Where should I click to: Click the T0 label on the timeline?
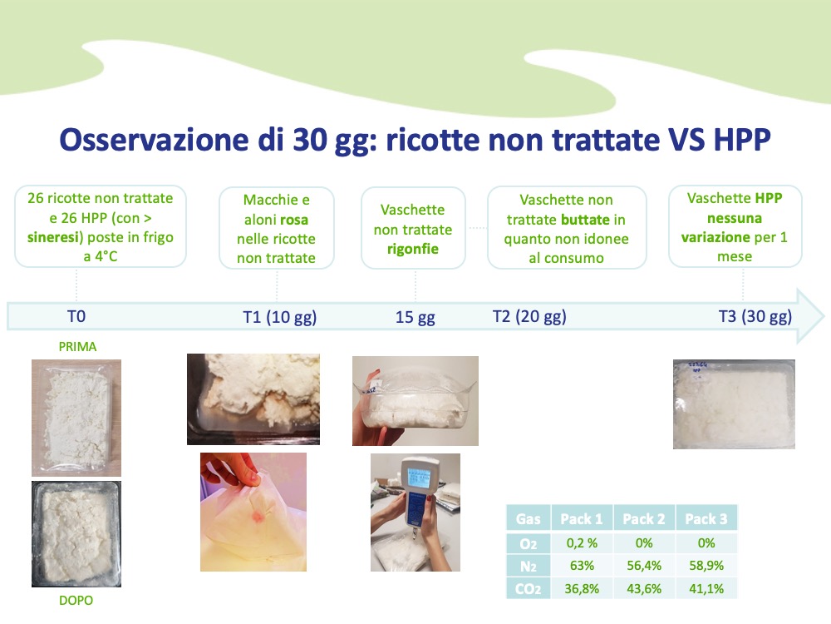[76, 316]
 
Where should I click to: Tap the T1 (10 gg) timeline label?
[279, 317]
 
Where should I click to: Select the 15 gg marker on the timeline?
[415, 317]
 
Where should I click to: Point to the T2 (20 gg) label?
[529, 316]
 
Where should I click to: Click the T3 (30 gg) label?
[755, 316]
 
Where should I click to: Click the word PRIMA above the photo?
[77, 347]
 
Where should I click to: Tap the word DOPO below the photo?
[76, 600]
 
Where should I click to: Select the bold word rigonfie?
[413, 250]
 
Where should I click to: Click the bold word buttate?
[585, 220]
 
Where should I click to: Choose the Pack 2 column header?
[644, 518]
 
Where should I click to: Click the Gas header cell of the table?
[529, 518]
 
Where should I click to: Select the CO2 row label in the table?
[529, 589]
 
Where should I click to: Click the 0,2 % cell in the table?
[582, 542]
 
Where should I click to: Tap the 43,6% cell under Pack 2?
[644, 588]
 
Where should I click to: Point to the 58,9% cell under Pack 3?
[706, 566]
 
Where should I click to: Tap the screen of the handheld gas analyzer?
[418, 478]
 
